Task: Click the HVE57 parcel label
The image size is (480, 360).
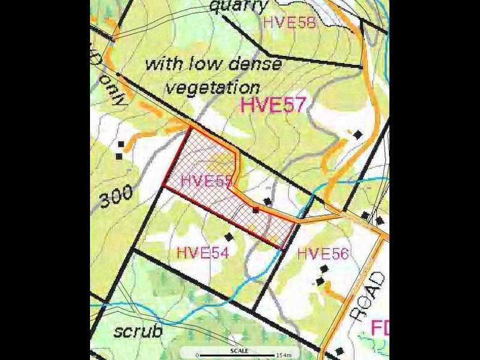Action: click(272, 105)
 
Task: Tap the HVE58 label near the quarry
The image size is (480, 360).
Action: click(289, 23)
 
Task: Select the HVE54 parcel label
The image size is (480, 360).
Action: click(203, 253)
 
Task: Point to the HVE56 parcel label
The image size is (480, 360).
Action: click(322, 253)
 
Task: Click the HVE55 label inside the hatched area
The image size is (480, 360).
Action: click(206, 180)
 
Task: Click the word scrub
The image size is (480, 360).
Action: click(138, 331)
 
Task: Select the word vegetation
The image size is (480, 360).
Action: click(212, 87)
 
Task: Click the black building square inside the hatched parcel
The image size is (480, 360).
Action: click(256, 209)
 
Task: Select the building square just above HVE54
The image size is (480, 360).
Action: click(228, 236)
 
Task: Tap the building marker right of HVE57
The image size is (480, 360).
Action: click(358, 134)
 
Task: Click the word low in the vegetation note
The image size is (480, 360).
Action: click(208, 63)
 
